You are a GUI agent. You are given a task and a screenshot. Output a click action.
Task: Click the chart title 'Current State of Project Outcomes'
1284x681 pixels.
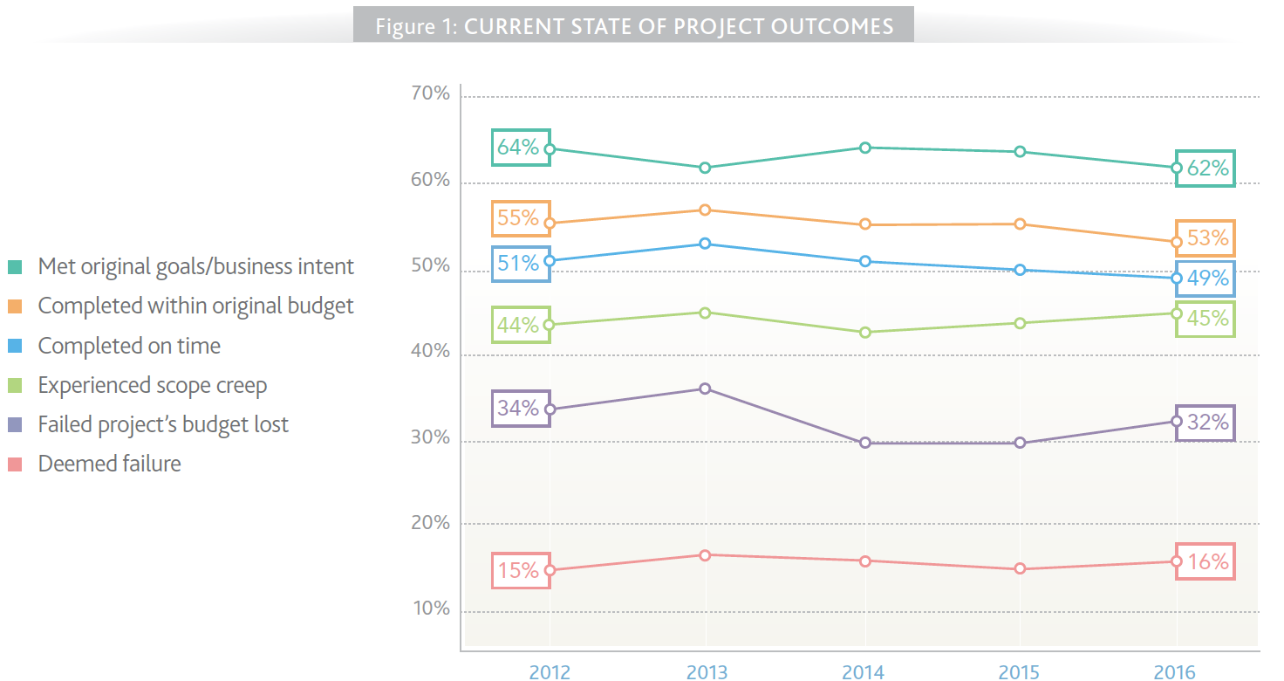634,25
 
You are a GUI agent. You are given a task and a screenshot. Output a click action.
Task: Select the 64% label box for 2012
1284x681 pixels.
521,148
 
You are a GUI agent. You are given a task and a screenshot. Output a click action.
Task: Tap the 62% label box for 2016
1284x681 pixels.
1205,169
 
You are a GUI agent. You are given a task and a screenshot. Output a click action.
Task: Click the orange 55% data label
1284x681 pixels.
521,218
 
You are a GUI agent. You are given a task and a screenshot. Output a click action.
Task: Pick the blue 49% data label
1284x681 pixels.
1205,279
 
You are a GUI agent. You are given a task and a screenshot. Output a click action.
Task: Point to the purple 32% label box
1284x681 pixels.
1205,423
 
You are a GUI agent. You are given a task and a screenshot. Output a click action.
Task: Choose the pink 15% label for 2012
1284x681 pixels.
521,571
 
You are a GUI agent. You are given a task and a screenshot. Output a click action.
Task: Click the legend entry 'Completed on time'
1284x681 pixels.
129,346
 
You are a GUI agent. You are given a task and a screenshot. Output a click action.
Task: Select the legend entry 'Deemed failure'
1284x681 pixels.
109,464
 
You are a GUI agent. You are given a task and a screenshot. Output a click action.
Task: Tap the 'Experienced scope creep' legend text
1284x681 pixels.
152,385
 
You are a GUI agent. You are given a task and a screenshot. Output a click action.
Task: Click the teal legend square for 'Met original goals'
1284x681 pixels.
15,267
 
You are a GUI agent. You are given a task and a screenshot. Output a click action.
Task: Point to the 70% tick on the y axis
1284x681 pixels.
430,94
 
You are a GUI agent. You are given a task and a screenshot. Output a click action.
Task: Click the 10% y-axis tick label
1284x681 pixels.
430,609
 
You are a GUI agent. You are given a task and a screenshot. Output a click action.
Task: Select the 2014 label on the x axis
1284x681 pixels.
863,671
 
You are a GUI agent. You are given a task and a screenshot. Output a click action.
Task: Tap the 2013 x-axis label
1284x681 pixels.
706,671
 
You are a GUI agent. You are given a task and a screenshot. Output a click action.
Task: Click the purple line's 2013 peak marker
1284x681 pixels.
706,389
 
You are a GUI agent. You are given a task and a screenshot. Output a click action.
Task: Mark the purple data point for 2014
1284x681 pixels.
864,443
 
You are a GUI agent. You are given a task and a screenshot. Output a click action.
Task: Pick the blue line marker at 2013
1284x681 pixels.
706,244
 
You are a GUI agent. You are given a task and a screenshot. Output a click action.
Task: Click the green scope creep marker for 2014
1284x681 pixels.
864,333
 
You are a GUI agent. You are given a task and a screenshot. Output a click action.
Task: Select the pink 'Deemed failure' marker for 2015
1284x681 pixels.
1020,569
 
